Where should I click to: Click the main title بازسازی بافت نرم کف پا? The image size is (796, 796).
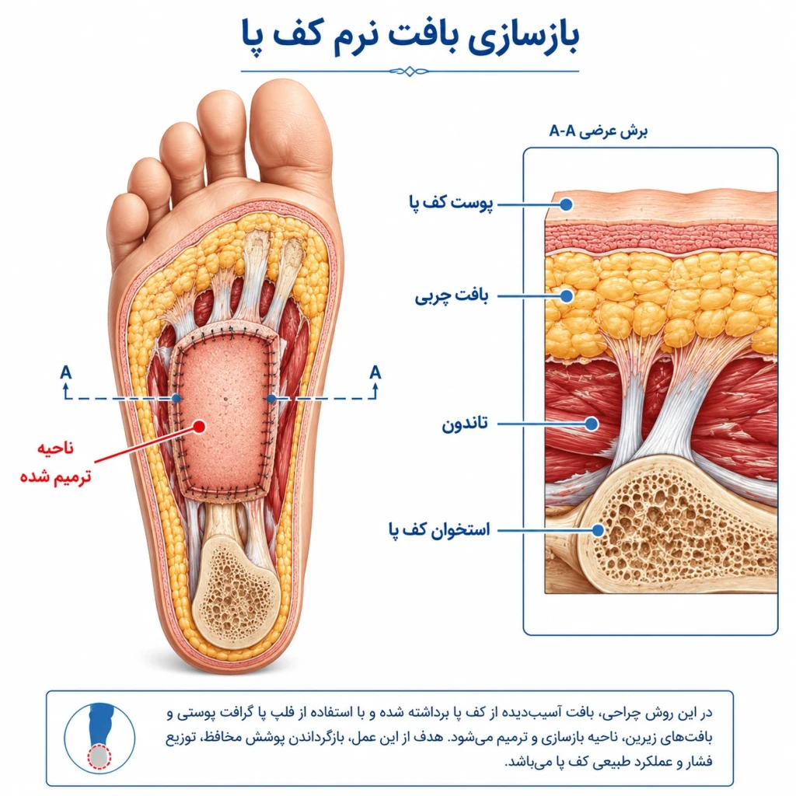point(410,37)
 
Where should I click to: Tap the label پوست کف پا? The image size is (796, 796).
point(451,203)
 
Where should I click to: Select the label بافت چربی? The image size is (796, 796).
point(452,296)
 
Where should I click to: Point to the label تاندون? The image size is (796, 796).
point(465,424)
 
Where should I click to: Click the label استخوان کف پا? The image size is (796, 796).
point(439,530)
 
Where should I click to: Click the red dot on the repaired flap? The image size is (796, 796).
point(200,427)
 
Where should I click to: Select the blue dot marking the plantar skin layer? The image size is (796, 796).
point(567,204)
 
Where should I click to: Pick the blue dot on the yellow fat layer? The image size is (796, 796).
point(567,296)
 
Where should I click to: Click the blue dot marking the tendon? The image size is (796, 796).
point(592,424)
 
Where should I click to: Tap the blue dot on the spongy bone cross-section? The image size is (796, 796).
point(599,530)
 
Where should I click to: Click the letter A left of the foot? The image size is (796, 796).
point(65,372)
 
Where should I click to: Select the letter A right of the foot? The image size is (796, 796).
point(375,372)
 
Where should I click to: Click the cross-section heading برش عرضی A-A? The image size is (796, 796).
point(599,131)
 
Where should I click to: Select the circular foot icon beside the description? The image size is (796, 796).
point(99,738)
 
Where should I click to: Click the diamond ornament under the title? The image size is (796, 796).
point(410,71)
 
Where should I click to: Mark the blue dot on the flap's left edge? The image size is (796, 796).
point(176,399)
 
